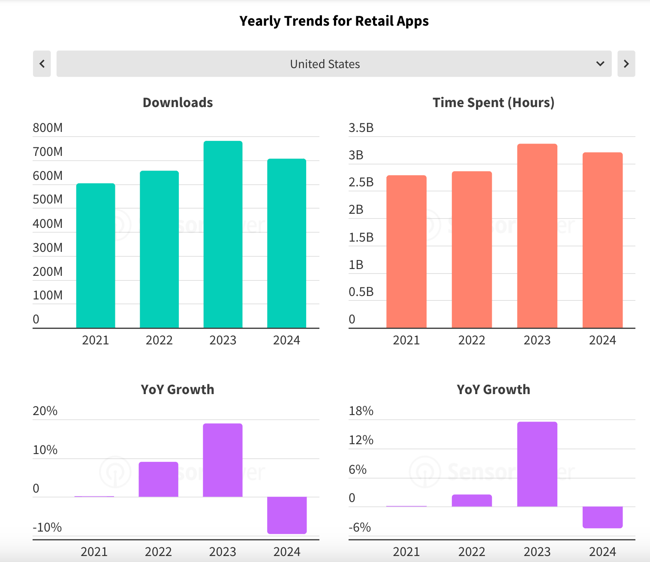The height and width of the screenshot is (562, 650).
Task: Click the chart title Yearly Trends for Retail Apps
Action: tap(334, 21)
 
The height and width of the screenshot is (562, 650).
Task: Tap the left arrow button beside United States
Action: tap(42, 64)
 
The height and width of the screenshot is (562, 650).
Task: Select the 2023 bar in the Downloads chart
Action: tap(223, 234)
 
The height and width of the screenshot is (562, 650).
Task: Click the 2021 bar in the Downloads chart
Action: tap(96, 255)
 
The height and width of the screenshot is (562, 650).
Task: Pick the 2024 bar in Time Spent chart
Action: tap(602, 240)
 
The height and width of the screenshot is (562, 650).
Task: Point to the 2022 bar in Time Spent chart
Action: tap(472, 249)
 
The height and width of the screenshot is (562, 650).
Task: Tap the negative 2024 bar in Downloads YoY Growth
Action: tap(287, 515)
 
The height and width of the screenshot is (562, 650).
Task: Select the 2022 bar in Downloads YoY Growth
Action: tap(158, 479)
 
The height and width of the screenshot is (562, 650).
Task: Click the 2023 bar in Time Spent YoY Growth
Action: tap(537, 464)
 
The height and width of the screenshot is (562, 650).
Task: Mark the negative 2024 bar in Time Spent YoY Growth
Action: tap(602, 517)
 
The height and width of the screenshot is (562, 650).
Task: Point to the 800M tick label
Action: tap(48, 128)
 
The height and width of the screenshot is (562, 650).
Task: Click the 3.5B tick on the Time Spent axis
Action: tap(361, 128)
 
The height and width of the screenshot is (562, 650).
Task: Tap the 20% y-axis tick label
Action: tap(45, 411)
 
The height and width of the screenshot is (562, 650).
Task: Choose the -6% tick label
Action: tap(360, 527)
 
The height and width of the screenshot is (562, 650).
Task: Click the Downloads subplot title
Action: tap(178, 102)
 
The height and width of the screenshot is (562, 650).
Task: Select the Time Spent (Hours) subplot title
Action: tap(494, 102)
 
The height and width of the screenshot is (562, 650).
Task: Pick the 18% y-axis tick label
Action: tap(361, 411)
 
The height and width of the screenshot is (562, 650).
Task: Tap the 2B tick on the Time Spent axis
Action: tap(356, 209)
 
